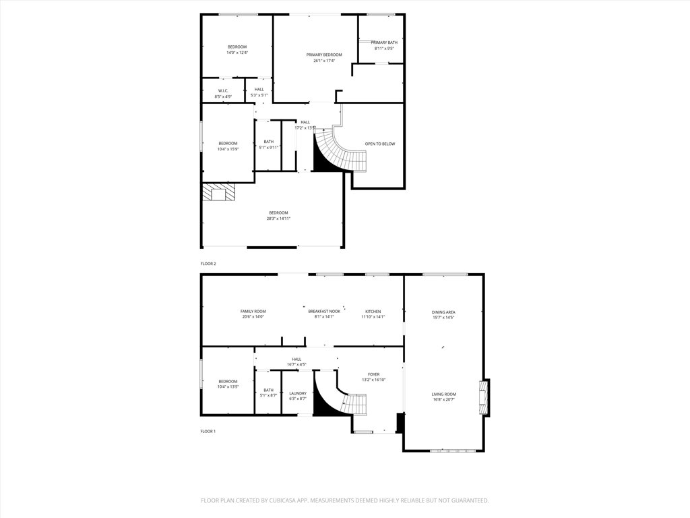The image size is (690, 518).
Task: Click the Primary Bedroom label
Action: click(x=324, y=55)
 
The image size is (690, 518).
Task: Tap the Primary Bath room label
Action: click(x=386, y=42)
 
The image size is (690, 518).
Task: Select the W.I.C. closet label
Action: click(x=223, y=90)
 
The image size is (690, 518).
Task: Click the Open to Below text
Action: click(x=380, y=144)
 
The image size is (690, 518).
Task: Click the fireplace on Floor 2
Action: click(x=220, y=194)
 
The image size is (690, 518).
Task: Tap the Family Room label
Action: click(x=253, y=311)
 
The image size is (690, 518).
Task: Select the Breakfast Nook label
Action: click(x=324, y=311)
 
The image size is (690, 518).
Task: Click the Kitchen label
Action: click(x=373, y=311)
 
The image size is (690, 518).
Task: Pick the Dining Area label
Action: click(x=443, y=312)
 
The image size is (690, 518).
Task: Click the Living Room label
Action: click(x=444, y=394)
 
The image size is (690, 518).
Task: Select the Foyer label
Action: click(x=373, y=374)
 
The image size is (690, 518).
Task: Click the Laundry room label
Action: click(x=297, y=393)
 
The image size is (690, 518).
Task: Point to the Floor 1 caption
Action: click(x=208, y=431)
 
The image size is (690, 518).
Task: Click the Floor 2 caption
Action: click(x=208, y=263)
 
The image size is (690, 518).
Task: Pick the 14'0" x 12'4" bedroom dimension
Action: click(x=237, y=53)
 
